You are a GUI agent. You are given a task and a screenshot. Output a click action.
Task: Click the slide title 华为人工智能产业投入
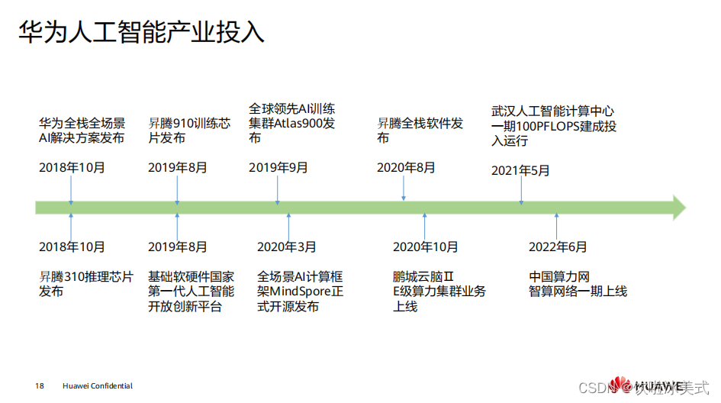(x=141, y=31)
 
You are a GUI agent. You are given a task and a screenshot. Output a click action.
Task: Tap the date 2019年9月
(x=278, y=168)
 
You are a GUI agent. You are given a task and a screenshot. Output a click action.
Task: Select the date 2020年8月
(x=406, y=168)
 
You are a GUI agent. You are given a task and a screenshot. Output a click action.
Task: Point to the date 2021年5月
(x=520, y=170)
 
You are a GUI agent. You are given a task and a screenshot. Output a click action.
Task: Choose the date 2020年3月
(x=287, y=247)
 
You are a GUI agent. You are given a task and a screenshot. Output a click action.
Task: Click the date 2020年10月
(x=426, y=247)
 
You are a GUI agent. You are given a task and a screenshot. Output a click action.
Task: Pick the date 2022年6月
(x=558, y=247)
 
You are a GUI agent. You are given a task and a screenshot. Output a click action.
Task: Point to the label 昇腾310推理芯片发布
(x=86, y=284)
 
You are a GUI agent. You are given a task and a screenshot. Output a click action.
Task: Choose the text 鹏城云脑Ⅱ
(x=423, y=276)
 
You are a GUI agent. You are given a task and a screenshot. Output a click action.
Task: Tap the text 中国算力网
(x=560, y=276)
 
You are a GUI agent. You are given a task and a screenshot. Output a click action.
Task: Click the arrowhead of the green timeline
(x=678, y=208)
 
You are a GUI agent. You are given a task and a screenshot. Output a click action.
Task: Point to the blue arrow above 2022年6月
(x=557, y=226)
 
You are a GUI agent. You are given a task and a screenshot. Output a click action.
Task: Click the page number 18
(x=40, y=386)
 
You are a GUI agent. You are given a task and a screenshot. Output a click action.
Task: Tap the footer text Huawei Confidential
(x=98, y=386)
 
